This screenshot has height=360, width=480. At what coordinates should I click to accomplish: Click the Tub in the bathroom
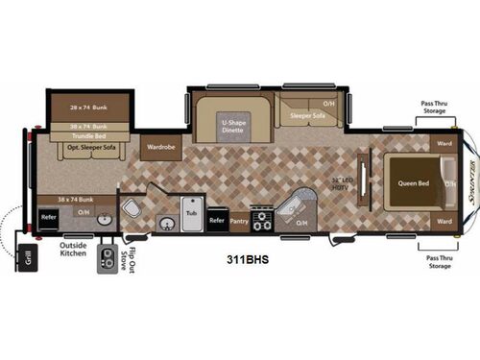point(191,212)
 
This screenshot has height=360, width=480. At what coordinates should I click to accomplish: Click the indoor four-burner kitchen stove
point(261,216)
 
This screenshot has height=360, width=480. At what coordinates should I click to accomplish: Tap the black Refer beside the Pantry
point(217,221)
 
